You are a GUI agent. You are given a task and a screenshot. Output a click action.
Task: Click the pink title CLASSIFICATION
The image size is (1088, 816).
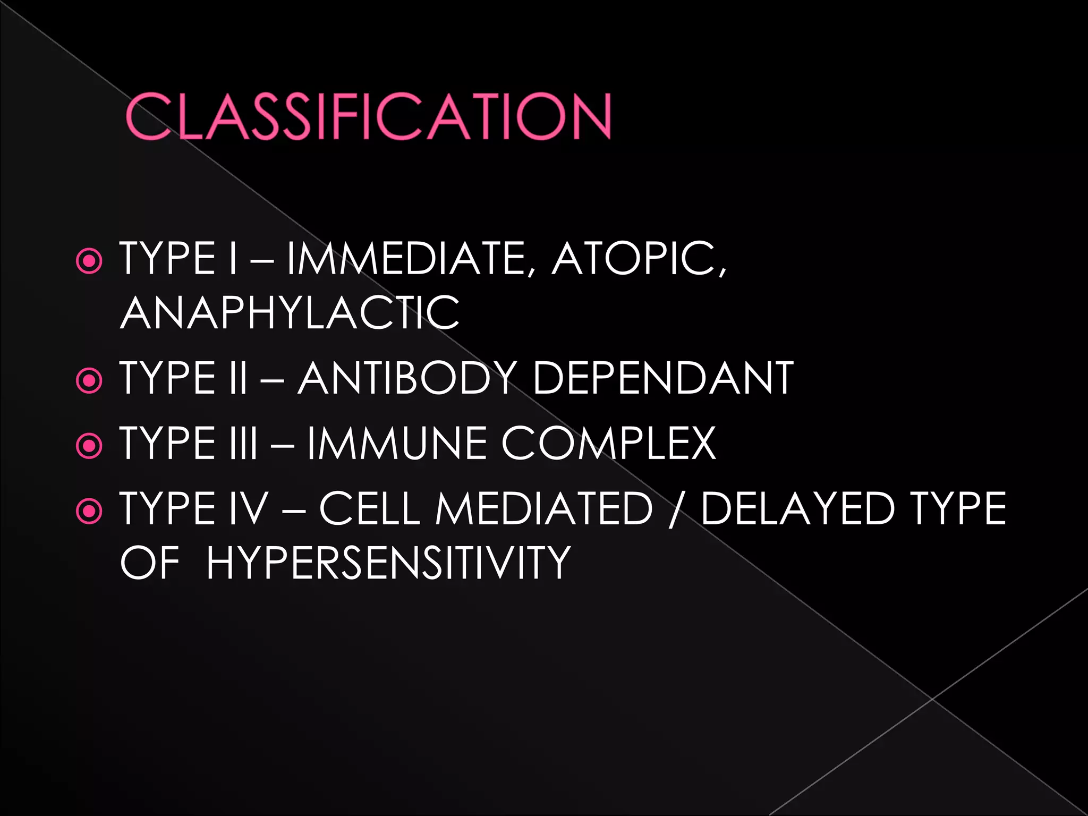click(x=368, y=116)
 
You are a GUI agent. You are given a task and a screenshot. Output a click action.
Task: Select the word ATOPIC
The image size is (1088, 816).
click(x=637, y=259)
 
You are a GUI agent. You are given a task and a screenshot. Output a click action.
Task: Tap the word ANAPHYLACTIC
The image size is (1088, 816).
click(x=290, y=313)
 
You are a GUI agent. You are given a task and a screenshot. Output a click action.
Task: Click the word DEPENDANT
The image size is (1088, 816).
click(x=662, y=378)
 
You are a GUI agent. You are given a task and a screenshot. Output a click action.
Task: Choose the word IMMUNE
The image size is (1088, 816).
click(x=396, y=443)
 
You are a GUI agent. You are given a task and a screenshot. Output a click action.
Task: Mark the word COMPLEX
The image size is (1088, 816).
click(x=608, y=443)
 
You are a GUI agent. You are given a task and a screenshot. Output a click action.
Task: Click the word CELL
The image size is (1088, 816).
click(x=370, y=508)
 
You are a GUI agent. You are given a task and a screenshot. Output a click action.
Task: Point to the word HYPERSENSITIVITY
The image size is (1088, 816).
click(x=388, y=563)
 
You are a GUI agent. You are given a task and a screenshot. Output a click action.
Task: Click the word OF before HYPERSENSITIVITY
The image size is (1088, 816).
click(x=150, y=563)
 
